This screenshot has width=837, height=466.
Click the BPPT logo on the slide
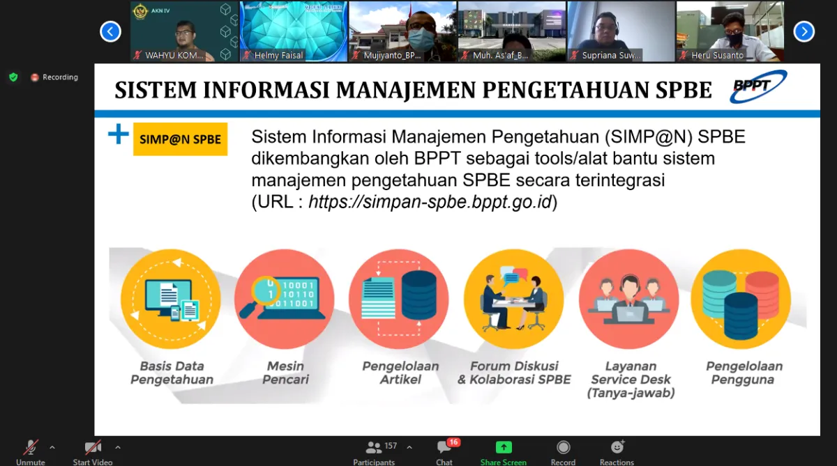point(758,87)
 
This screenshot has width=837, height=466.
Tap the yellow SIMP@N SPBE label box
point(180,139)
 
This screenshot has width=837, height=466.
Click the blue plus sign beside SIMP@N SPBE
point(119,134)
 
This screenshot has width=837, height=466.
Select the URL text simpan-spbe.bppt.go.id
point(430,202)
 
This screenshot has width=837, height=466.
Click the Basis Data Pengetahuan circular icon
point(171,300)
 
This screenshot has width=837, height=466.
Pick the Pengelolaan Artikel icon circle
point(399,300)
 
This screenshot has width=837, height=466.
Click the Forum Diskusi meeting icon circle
point(513,300)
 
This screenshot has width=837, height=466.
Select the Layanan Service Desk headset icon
point(628,300)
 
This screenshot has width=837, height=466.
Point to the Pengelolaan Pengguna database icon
point(741,300)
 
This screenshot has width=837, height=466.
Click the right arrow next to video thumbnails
point(804,31)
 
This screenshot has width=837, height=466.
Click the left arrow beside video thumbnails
point(110,31)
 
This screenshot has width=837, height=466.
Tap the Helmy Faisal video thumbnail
point(294,31)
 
